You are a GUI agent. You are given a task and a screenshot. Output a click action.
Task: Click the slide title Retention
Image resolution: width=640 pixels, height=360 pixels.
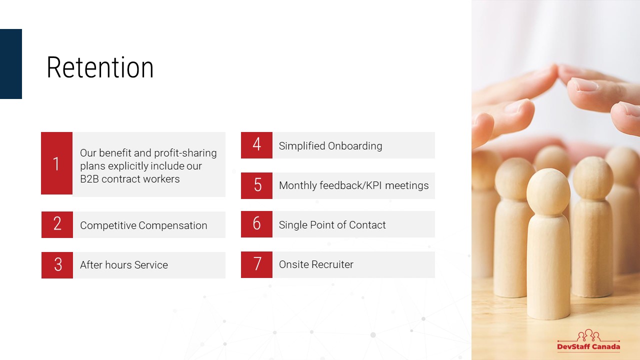pyautogui.click(x=100, y=67)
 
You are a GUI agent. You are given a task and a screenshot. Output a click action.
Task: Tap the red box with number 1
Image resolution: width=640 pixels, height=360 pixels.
pyautogui.click(x=56, y=163)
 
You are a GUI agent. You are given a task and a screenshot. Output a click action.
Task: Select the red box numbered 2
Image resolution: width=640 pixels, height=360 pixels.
pyautogui.click(x=57, y=224)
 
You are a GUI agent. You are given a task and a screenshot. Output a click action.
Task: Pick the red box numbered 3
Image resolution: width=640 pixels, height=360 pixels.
pyautogui.click(x=57, y=265)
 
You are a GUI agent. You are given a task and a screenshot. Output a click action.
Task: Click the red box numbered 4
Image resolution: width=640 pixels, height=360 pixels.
pyautogui.click(x=256, y=145)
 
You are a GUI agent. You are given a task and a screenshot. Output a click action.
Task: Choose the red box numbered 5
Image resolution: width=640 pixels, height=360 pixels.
pyautogui.click(x=256, y=185)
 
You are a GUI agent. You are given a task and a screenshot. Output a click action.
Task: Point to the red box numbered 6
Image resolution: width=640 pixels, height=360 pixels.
pyautogui.click(x=256, y=224)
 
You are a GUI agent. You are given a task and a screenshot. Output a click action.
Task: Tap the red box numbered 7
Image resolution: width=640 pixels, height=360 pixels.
pyautogui.click(x=256, y=264)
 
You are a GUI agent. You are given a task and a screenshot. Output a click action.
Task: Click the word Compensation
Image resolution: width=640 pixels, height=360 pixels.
pyautogui.click(x=173, y=225)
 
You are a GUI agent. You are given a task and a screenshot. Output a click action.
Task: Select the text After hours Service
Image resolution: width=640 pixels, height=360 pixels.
pyautogui.click(x=124, y=265)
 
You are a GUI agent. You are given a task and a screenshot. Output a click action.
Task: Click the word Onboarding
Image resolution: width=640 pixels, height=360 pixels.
pyautogui.click(x=355, y=146)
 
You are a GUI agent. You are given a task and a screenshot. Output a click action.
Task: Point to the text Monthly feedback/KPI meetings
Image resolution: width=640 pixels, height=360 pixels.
pyautogui.click(x=353, y=185)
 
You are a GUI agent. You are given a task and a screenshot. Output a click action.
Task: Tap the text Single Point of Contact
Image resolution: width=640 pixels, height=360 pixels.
pyautogui.click(x=332, y=225)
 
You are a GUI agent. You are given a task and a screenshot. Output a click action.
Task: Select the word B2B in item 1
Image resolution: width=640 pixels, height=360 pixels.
pyautogui.click(x=89, y=179)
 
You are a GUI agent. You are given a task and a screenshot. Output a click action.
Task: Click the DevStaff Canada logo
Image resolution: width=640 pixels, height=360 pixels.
pyautogui.click(x=588, y=340)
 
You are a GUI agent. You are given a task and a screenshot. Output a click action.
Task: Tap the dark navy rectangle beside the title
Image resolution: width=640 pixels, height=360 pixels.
pyautogui.click(x=11, y=64)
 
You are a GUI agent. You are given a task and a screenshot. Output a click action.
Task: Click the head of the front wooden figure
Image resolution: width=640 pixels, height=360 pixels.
pyautogui.click(x=548, y=191)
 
